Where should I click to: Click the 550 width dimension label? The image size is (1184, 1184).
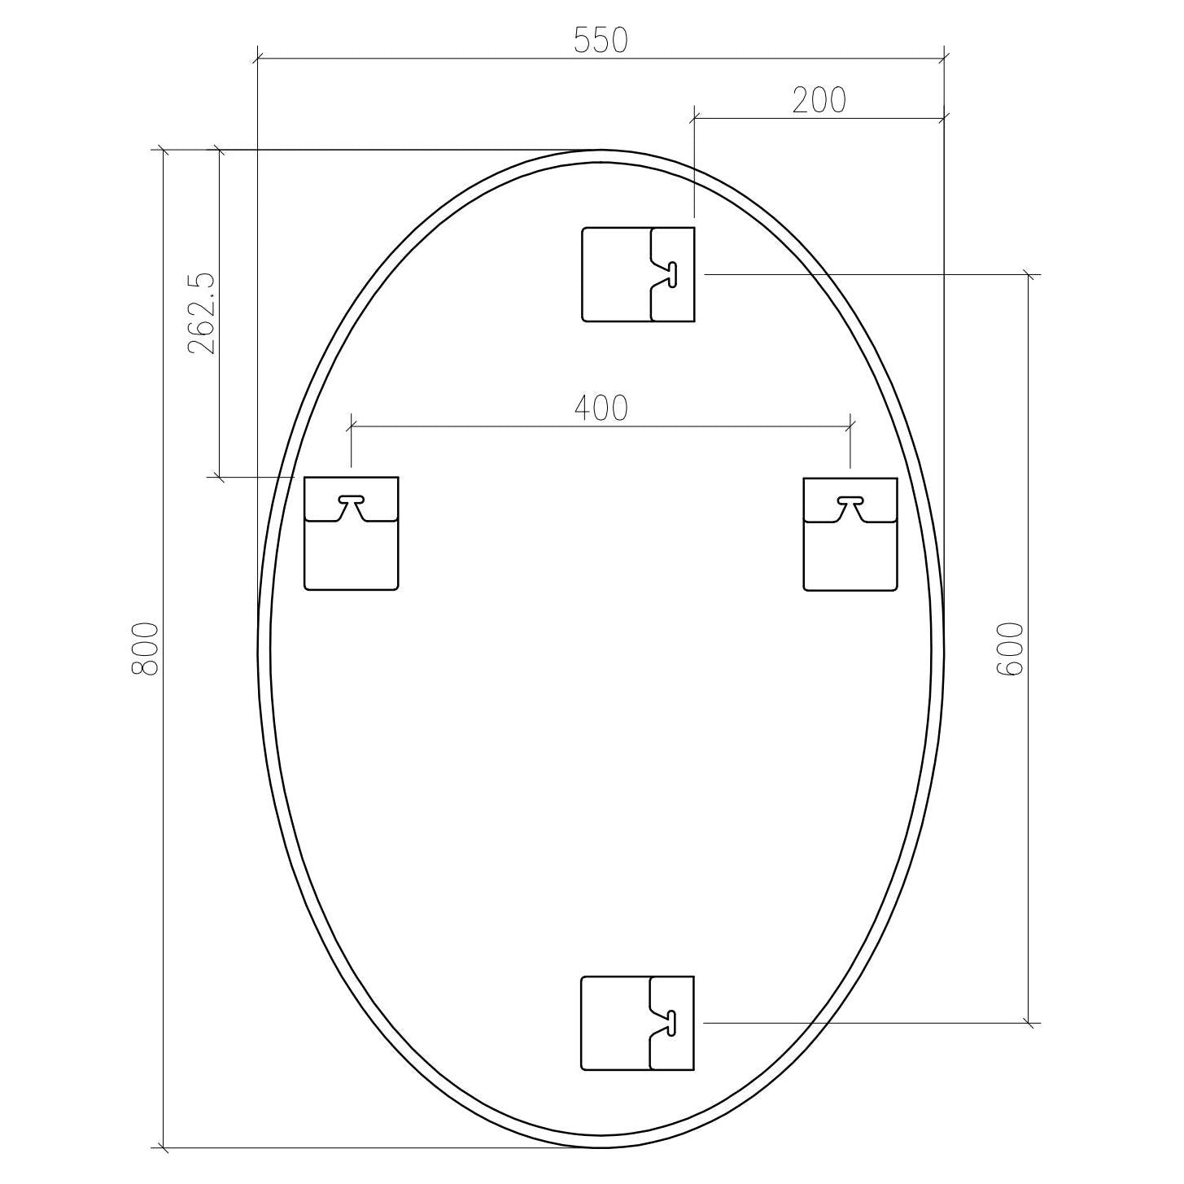(x=601, y=40)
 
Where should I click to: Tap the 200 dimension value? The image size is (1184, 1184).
(x=819, y=100)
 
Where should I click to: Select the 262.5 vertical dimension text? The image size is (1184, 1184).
(x=201, y=313)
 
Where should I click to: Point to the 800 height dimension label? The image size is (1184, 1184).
(x=146, y=649)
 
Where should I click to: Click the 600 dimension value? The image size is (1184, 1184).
(x=1009, y=649)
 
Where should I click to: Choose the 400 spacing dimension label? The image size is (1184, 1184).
(x=601, y=408)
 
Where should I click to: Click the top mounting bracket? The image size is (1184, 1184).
(x=638, y=274)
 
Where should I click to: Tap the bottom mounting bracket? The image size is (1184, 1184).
(x=638, y=1023)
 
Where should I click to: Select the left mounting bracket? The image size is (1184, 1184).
(x=351, y=533)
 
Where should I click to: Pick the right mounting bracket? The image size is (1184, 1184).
(x=850, y=533)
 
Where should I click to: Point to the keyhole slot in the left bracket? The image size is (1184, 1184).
(x=352, y=499)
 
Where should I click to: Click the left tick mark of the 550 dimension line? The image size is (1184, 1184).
(x=257, y=59)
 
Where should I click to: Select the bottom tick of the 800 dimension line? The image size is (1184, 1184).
(x=164, y=1147)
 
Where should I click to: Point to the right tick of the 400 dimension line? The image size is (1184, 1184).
(x=850, y=425)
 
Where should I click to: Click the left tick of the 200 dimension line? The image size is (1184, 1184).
(x=693, y=119)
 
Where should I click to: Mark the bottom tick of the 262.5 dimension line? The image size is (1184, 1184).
(x=218, y=477)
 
